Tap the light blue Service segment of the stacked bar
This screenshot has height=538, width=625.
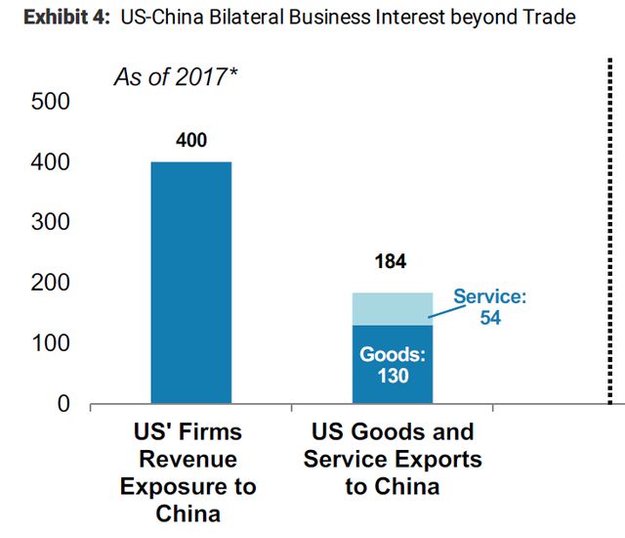point(393,308)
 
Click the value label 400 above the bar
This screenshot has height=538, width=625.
point(191,141)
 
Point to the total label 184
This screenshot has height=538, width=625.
point(391,262)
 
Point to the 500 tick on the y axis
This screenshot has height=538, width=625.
point(51,102)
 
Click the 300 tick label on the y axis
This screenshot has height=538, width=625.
point(51,222)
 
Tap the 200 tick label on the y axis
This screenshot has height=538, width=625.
point(51,283)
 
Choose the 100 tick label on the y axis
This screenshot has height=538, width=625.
point(51,343)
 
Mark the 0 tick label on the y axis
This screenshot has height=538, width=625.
point(63,403)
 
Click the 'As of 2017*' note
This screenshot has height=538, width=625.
point(177,77)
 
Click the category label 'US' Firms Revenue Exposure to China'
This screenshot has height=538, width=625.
point(191,472)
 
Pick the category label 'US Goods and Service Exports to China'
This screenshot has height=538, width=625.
point(393,459)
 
